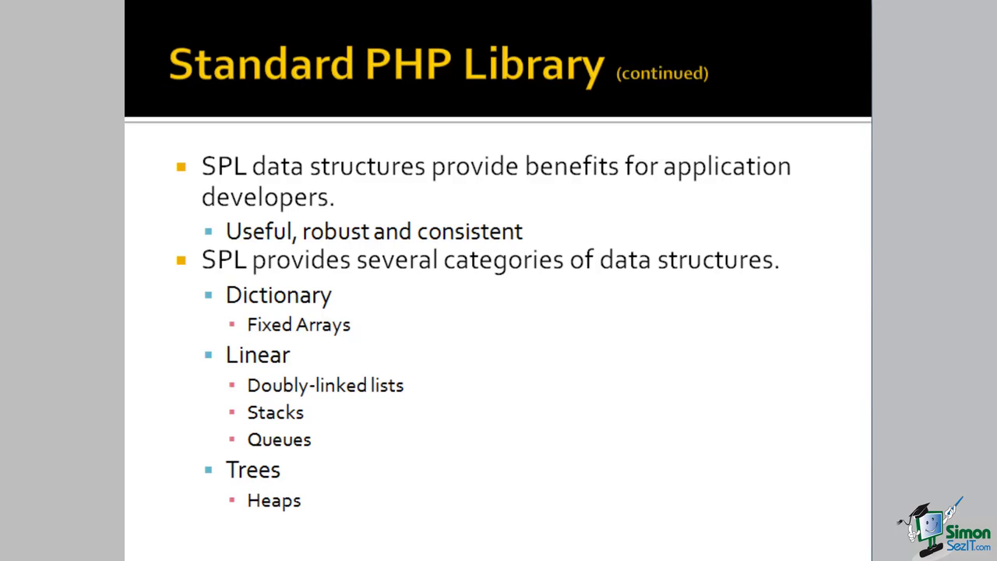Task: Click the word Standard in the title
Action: pyautogui.click(x=261, y=64)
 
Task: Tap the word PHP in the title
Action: pyautogui.click(x=408, y=64)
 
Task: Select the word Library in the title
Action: pyautogui.click(x=534, y=67)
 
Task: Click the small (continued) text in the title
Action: pyautogui.click(x=662, y=73)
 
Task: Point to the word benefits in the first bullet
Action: pyautogui.click(x=572, y=166)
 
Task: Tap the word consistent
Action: pyautogui.click(x=470, y=231)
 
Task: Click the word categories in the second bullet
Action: pyautogui.click(x=503, y=260)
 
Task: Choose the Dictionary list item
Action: pyautogui.click(x=279, y=295)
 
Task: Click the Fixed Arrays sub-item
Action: pyautogui.click(x=298, y=325)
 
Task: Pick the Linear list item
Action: pyautogui.click(x=258, y=355)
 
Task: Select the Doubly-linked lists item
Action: pyautogui.click(x=326, y=385)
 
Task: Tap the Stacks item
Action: pyautogui.click(x=276, y=413)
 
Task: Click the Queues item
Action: pyautogui.click(x=279, y=440)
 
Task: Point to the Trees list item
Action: pyautogui.click(x=253, y=470)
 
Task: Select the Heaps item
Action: pyautogui.click(x=274, y=500)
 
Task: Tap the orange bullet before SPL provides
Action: pyautogui.click(x=181, y=260)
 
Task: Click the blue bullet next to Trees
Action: pyautogui.click(x=208, y=470)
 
